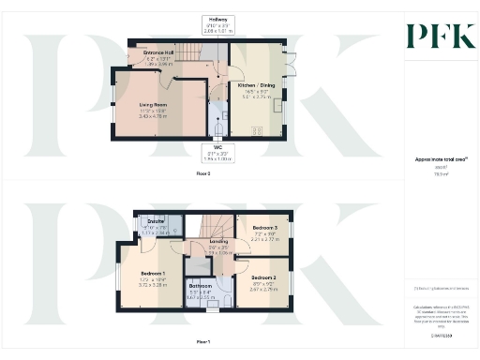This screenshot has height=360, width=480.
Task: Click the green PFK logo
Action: coord(434,37)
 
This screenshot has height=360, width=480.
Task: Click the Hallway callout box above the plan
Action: coord(217,22)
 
